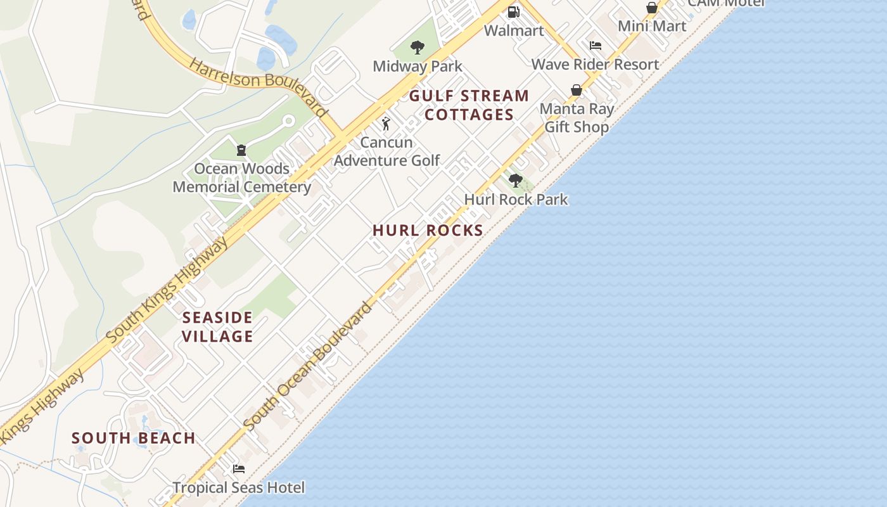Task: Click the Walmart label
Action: point(514,30)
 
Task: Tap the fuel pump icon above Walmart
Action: point(514,11)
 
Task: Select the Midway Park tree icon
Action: point(417,47)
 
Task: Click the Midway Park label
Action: point(417,66)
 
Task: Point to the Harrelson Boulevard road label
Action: point(259,89)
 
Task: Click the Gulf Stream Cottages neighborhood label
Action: point(469,105)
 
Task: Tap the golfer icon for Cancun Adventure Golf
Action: point(386,124)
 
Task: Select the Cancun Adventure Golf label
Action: point(386,151)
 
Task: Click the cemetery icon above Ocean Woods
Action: point(241,150)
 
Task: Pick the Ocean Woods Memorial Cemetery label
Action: point(241,178)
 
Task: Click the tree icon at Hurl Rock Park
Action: point(516,181)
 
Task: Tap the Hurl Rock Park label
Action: point(516,200)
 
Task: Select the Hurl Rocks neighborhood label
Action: point(428,231)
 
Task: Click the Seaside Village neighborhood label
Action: point(218,327)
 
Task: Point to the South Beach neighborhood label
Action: point(134,438)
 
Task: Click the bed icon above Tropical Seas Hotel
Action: point(239,469)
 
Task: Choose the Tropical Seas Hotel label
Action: point(239,488)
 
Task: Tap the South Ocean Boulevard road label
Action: point(308,367)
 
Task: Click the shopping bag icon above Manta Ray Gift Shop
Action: point(577,90)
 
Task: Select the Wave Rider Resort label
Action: point(595,64)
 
